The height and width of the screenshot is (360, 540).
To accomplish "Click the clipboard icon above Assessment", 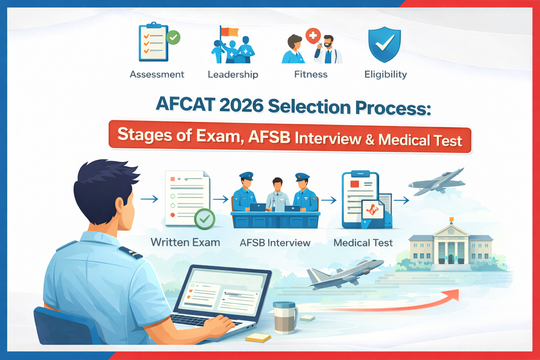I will tap(153, 42).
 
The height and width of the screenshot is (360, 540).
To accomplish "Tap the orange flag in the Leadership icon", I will tap(230, 32).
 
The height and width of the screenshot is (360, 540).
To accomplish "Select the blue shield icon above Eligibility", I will tap(384, 44).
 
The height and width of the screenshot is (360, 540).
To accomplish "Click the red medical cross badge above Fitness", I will tap(313, 36).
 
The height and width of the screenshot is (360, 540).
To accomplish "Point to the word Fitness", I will tap(311, 75).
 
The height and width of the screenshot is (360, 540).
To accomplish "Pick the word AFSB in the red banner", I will tap(269, 137).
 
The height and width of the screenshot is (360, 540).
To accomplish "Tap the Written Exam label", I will tap(185, 243).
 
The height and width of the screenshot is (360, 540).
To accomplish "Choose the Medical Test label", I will tap(363, 243).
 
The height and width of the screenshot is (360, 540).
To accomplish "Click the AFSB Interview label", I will tap(275, 243).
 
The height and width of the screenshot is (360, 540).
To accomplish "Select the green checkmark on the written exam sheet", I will tap(205, 219).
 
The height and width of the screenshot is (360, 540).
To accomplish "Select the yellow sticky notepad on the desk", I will tap(258, 338).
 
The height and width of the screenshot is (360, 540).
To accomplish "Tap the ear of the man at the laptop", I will tap(120, 207).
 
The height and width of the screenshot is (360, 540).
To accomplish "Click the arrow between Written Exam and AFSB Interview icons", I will tap(221, 200).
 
